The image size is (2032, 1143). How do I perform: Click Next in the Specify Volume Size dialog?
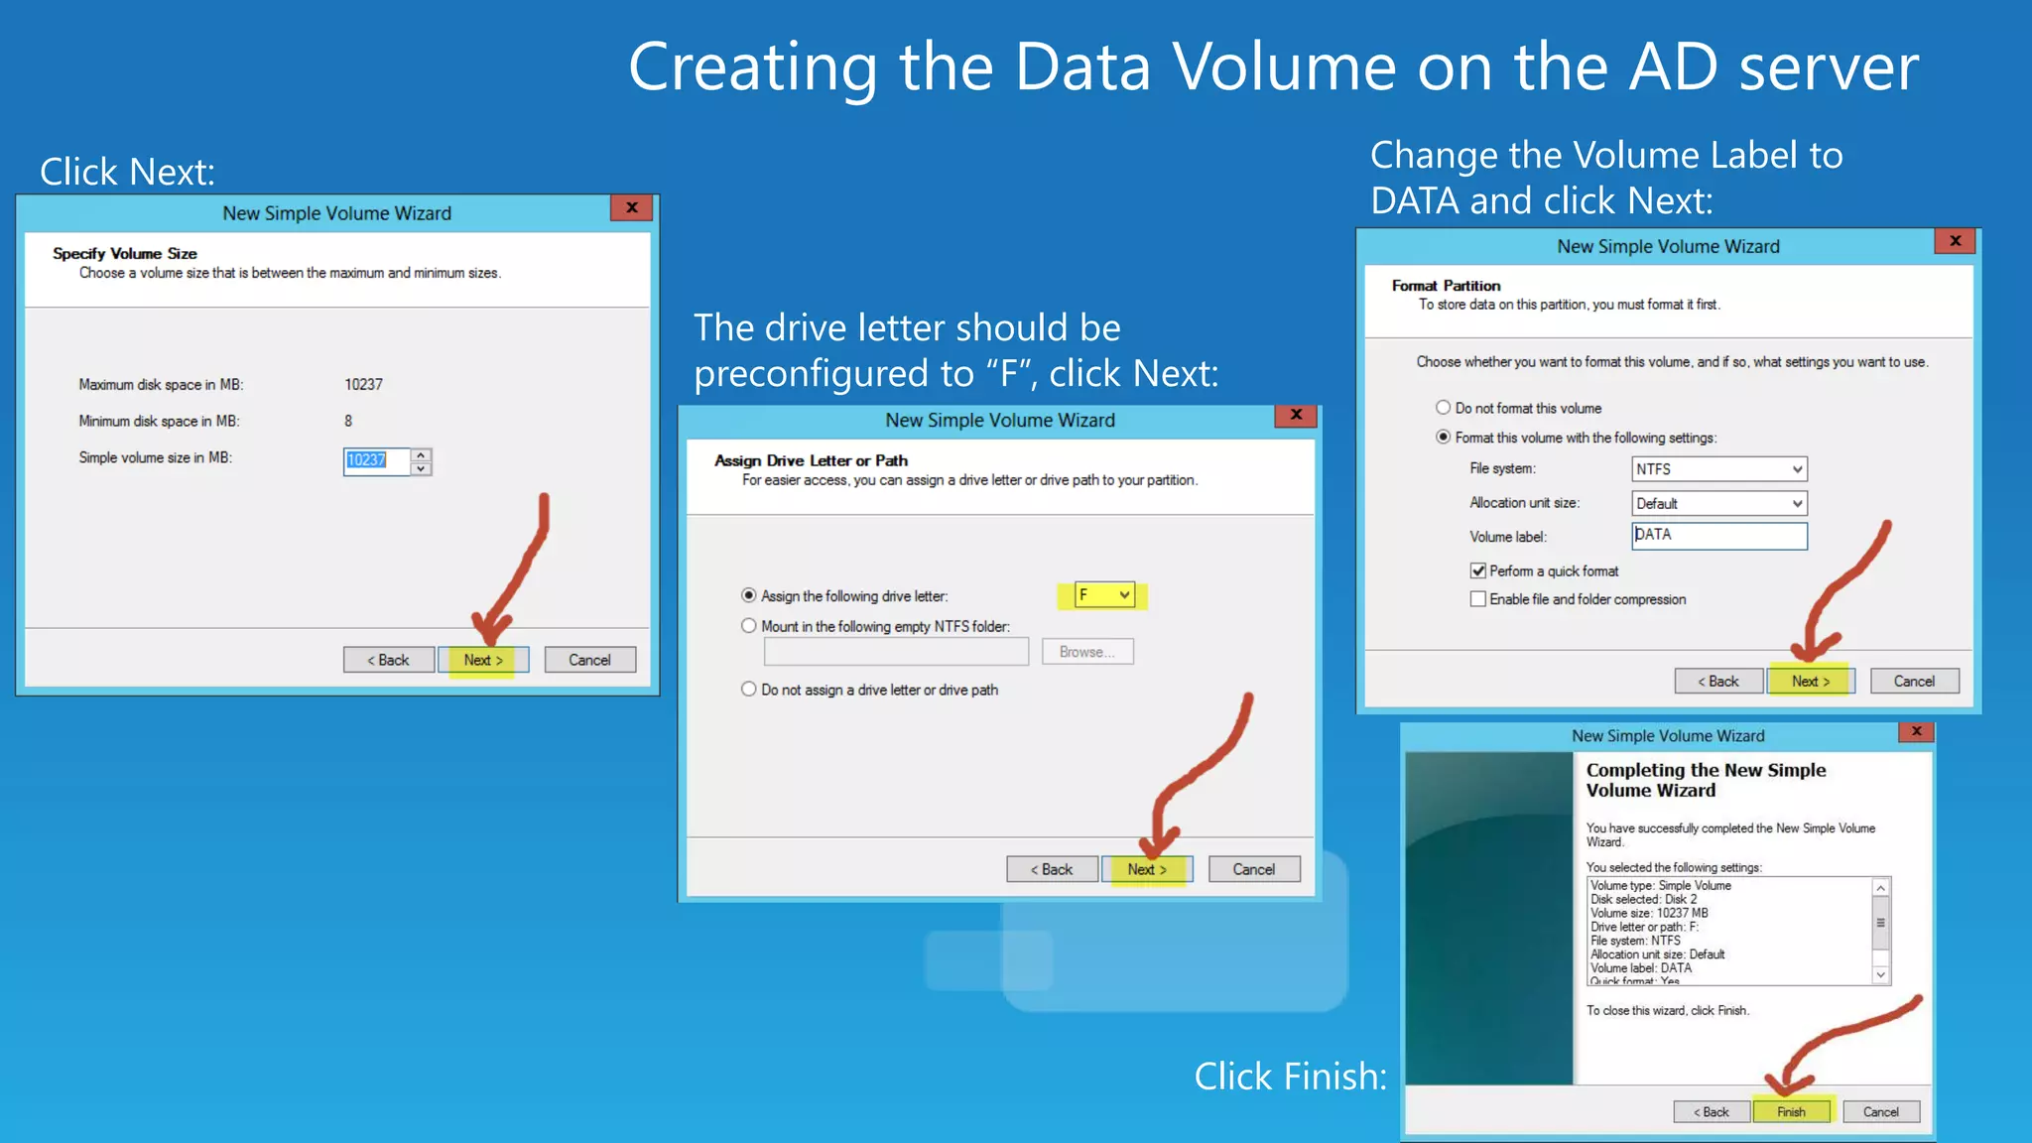(483, 660)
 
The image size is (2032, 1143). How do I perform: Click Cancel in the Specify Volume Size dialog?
(589, 660)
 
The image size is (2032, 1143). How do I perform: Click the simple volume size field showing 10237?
(376, 460)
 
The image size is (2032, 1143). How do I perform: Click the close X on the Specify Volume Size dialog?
(631, 207)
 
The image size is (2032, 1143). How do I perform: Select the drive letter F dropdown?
(1104, 594)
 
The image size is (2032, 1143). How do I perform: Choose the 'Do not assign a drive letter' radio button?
(749, 690)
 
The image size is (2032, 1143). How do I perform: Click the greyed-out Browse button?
(1086, 652)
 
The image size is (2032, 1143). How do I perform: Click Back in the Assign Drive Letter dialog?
(1052, 869)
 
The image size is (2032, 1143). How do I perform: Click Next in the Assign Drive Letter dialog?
(1147, 869)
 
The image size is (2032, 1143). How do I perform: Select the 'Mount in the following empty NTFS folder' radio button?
(749, 626)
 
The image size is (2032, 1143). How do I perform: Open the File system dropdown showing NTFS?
(1718, 469)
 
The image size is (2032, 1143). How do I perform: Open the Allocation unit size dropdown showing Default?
(1718, 503)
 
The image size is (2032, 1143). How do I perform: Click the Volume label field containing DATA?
(1718, 536)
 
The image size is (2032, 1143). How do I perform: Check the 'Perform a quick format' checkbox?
(1478, 571)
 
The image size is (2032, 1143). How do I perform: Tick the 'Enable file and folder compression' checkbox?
(1478, 599)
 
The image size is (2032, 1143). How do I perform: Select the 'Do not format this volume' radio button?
(1444, 408)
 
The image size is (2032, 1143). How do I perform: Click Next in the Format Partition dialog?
(1811, 682)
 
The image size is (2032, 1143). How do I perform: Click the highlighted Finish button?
(1791, 1111)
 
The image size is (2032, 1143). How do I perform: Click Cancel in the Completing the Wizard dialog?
(1880, 1111)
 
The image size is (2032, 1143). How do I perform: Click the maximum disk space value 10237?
(363, 385)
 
